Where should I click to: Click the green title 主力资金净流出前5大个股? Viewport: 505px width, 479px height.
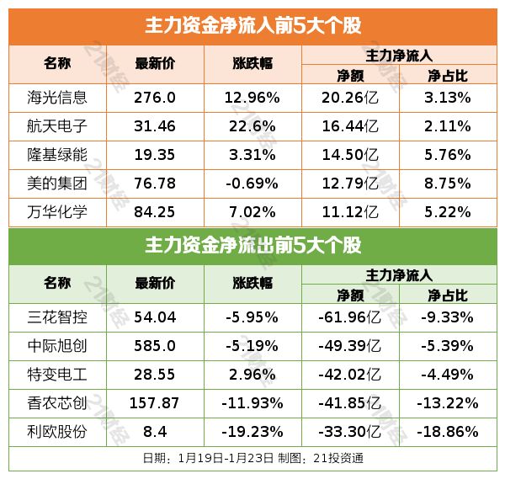(252, 246)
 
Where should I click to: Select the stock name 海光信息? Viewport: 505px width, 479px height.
(57, 97)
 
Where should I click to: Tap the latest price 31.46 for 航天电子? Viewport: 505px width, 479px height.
(155, 126)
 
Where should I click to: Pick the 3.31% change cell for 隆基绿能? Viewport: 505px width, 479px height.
(252, 155)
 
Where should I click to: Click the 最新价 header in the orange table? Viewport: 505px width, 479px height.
(155, 64)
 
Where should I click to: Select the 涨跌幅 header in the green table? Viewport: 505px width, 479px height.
(252, 284)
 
